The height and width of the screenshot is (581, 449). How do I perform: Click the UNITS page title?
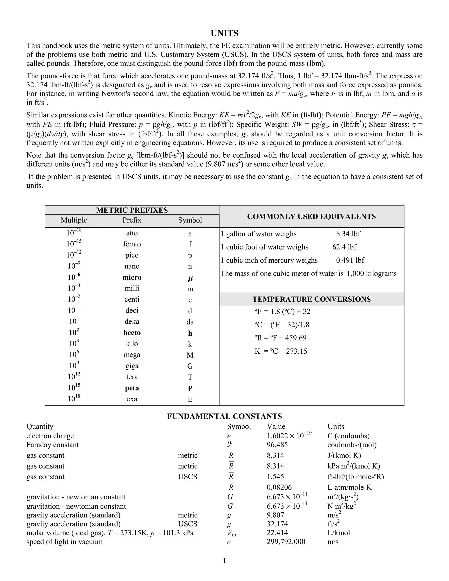click(224, 33)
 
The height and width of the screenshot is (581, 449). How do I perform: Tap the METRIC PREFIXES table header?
click(132, 210)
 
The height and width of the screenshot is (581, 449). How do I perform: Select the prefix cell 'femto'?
click(132, 244)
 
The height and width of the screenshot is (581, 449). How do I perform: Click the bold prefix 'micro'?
click(132, 278)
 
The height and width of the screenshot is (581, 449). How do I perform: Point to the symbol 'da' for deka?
click(190, 322)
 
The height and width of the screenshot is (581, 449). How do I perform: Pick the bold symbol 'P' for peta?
click(190, 389)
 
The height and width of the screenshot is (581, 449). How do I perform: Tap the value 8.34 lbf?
click(348, 234)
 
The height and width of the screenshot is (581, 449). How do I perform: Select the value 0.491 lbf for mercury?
click(350, 260)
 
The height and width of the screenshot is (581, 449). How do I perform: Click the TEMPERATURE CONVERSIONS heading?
click(312, 299)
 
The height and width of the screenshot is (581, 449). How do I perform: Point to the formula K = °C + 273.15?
click(281, 351)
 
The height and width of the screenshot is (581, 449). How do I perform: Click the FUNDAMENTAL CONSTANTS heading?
click(224, 416)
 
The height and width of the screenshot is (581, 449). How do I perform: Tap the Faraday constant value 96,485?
click(277, 445)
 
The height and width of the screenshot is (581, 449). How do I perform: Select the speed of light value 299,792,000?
click(286, 542)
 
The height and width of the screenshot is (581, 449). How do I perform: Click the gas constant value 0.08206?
click(279, 487)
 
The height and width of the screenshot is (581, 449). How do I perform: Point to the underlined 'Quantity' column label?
click(40, 426)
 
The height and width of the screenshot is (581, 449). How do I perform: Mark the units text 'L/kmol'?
click(339, 533)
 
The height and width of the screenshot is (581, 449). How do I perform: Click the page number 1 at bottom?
click(224, 561)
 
